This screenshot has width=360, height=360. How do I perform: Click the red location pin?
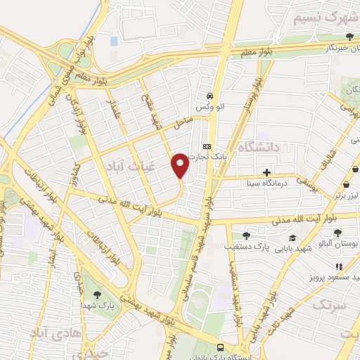pos(180,165)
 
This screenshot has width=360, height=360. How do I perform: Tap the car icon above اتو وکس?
pos(209,96)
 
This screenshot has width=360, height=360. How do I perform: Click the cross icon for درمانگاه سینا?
pos(266,172)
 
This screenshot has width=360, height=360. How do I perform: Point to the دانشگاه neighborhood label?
pos(259,147)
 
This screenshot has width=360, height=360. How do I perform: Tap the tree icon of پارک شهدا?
pos(96,295)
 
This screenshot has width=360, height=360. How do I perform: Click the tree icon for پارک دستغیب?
pos(245,236)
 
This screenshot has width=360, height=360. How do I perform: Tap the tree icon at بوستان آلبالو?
pos(338,233)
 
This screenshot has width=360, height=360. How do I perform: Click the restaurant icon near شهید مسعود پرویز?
pos(338,266)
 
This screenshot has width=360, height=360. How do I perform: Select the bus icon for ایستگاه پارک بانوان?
pos(221,348)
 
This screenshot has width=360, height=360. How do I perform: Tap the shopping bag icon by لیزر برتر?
pos(346,185)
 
